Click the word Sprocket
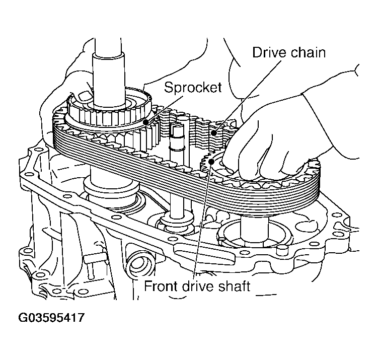tap(193, 87)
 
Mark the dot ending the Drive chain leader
tap(215, 133)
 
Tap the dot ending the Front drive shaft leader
tap(214, 161)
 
